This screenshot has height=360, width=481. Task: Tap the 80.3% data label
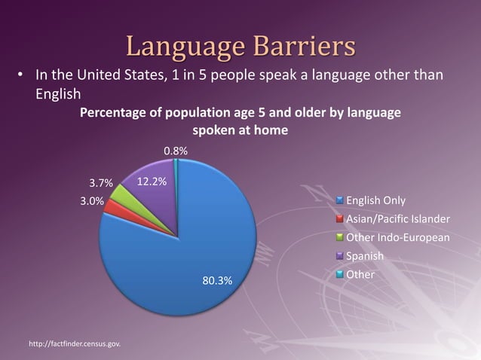[x=218, y=282]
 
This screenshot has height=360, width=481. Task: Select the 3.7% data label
[x=101, y=183]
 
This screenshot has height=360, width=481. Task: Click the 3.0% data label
[x=93, y=201]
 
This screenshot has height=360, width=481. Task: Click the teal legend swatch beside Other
[x=340, y=276]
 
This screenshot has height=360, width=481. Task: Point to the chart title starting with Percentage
[x=240, y=113]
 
